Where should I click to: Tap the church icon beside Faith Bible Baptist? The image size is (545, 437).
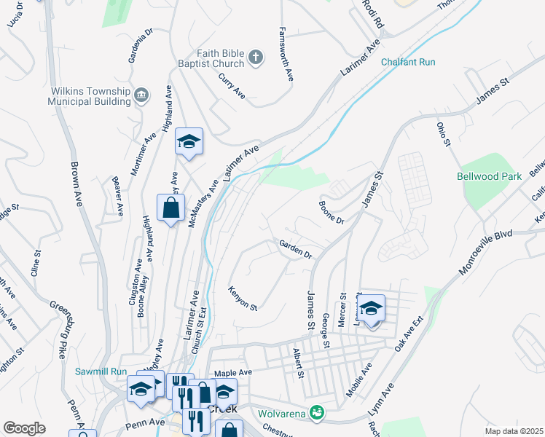tap(255, 58)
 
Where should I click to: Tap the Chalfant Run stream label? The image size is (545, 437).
tap(408, 63)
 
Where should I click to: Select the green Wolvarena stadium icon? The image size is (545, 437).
tap(316, 412)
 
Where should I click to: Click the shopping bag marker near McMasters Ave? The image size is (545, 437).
tap(170, 208)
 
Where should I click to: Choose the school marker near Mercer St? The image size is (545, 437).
tap(371, 309)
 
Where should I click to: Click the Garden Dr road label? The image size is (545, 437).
tap(296, 250)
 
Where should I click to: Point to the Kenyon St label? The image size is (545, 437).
tap(243, 298)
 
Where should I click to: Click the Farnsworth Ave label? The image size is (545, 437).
tap(286, 55)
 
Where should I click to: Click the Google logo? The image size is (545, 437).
tap(24, 428)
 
